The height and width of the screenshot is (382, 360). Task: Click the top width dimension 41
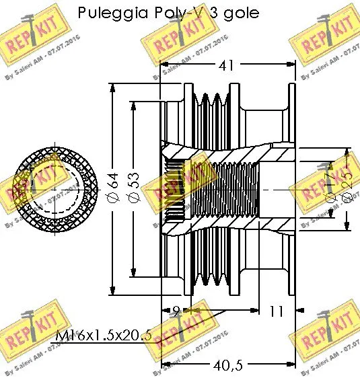pyautogui.click(x=229, y=66)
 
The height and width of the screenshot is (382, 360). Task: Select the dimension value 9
pyautogui.click(x=175, y=311)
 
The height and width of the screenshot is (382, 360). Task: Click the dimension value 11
pyautogui.click(x=277, y=311)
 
